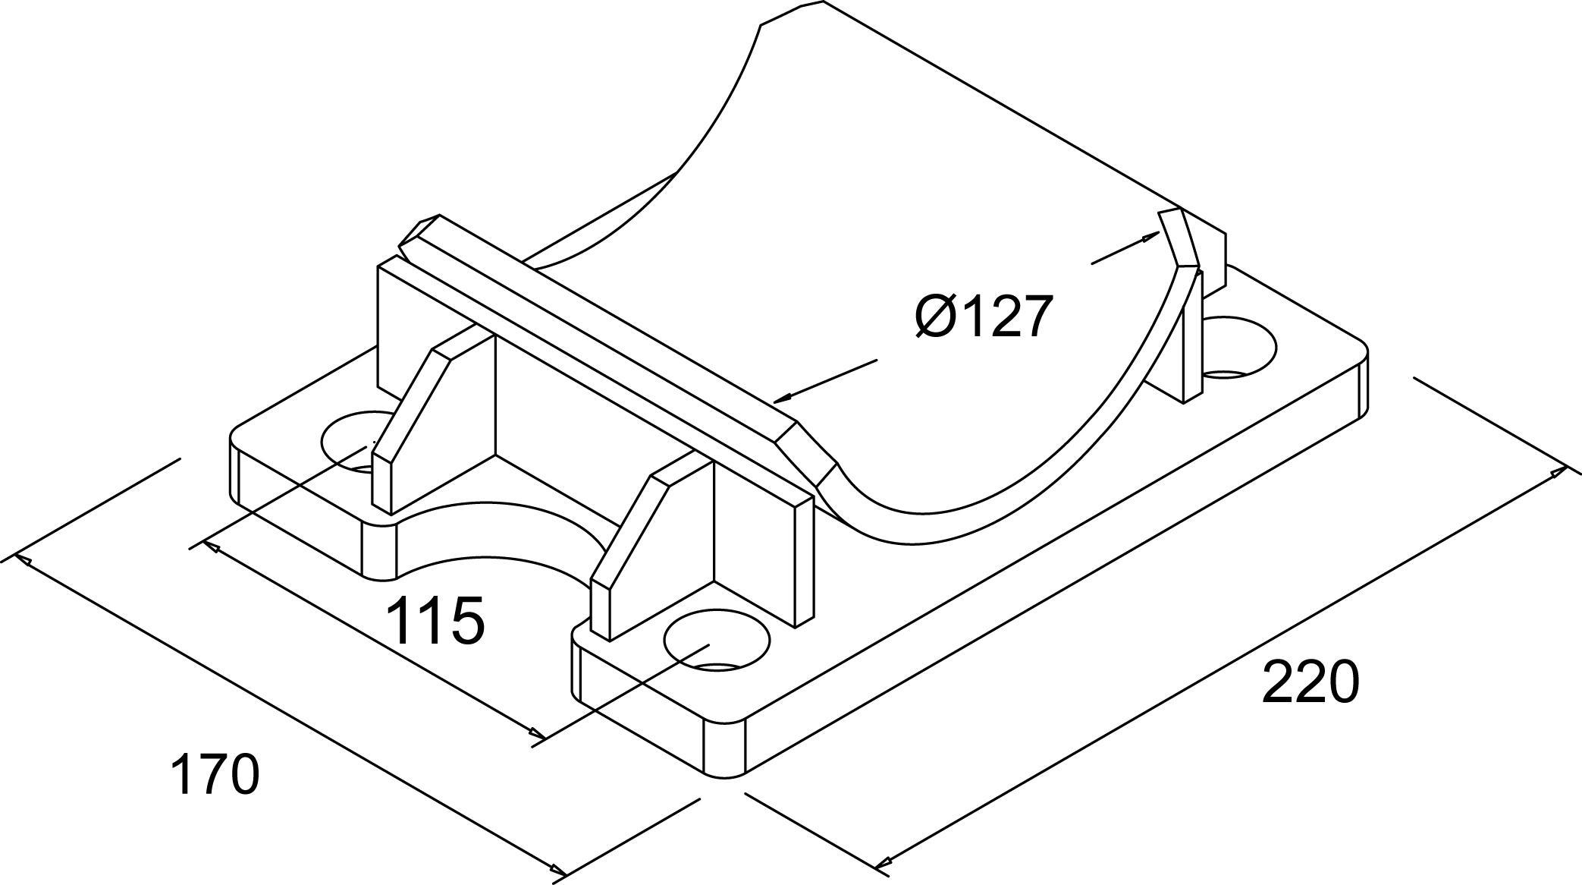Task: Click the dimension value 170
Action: tap(215, 773)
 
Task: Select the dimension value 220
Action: tap(1310, 682)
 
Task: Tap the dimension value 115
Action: tap(435, 619)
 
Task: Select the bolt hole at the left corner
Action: tap(356, 440)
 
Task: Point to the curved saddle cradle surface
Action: tap(910, 304)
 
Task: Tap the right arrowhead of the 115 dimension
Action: tap(536, 734)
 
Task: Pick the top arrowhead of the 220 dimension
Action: tap(1559, 473)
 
